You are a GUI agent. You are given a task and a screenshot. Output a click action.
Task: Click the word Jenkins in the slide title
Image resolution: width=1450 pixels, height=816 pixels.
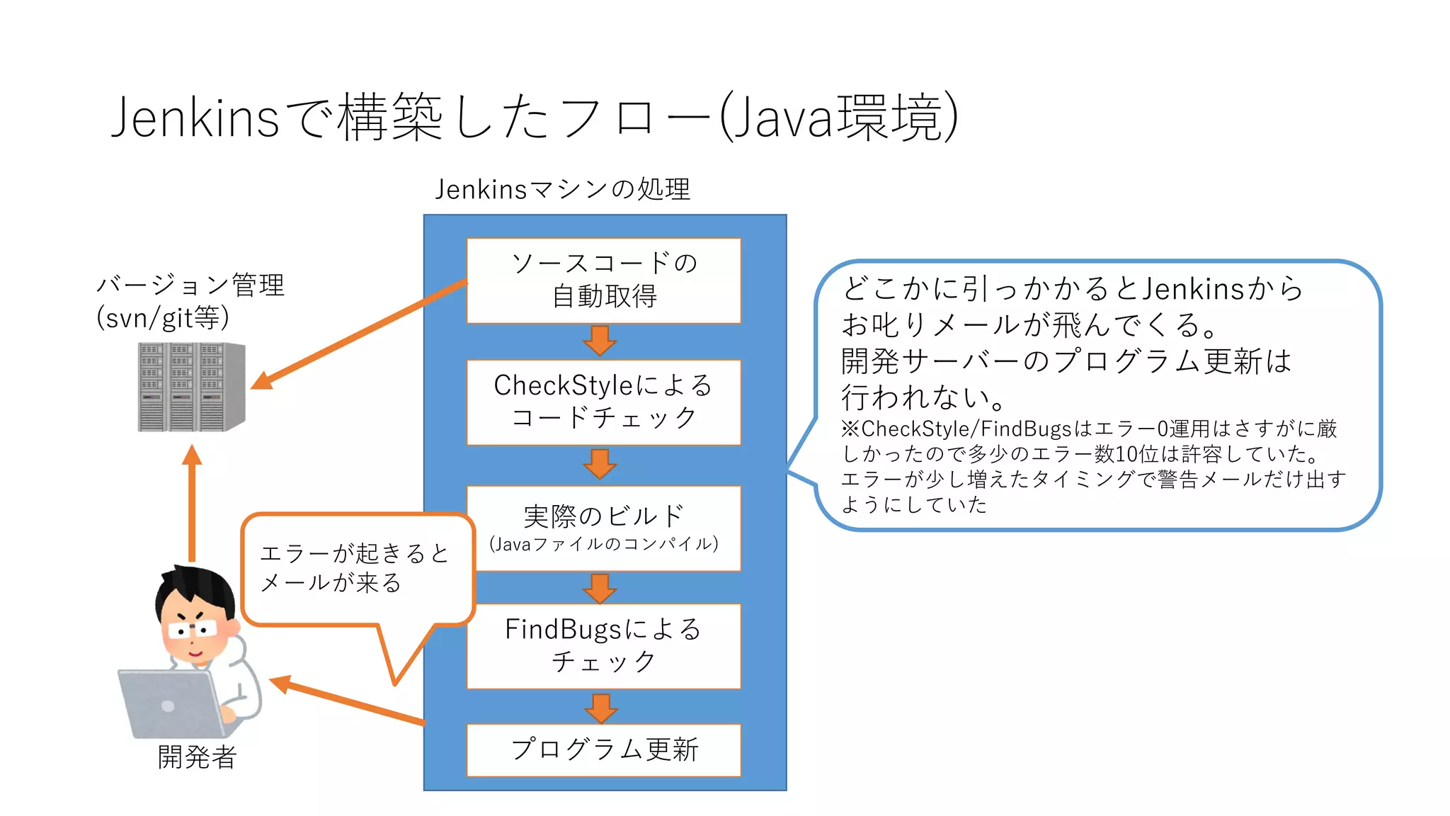point(195,118)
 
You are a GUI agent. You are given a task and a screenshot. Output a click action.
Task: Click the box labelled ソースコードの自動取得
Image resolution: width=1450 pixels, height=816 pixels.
point(603,280)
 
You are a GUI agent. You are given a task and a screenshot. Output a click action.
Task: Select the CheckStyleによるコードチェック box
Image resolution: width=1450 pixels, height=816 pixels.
point(603,402)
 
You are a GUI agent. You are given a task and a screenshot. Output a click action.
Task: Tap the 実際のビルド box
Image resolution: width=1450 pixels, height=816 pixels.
point(603,528)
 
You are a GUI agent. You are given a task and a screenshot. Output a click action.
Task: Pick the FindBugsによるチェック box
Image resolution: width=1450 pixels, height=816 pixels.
point(603,645)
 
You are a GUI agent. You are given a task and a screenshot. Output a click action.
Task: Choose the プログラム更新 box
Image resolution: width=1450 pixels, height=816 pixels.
point(603,749)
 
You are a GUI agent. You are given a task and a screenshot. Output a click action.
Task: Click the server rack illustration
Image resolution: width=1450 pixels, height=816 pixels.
point(191,387)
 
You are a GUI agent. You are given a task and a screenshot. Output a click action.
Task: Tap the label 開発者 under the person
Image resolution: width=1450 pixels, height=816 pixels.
point(197,756)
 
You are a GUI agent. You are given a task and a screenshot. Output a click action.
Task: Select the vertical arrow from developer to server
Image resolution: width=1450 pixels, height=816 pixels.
point(192,503)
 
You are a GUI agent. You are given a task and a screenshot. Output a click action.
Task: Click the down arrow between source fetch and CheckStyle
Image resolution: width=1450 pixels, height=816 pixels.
point(600,341)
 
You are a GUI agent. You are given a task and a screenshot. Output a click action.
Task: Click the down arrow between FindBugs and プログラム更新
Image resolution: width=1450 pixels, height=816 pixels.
point(601,708)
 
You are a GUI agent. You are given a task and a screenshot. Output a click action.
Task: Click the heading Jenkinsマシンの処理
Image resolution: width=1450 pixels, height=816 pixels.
point(562,189)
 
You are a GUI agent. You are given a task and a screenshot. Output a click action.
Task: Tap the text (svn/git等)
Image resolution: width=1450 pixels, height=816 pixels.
point(163,318)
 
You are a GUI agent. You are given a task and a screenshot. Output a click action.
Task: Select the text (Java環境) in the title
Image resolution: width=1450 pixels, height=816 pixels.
point(838,118)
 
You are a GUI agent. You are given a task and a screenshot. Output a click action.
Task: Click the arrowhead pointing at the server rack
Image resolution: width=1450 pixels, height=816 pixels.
point(262,380)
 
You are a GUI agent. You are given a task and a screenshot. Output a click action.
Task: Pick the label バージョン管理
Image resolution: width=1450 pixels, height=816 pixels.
point(190,285)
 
